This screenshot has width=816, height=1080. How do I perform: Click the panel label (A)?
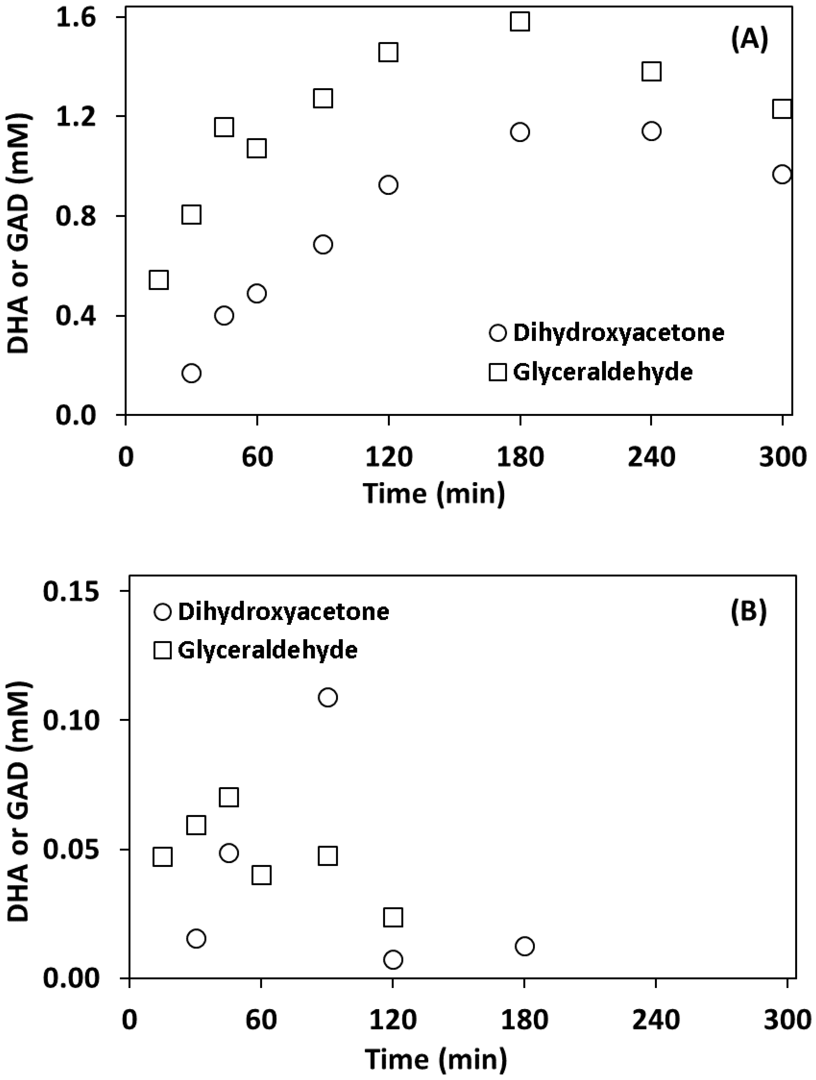(749, 40)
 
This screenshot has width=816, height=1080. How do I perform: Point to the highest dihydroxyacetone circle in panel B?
(327, 697)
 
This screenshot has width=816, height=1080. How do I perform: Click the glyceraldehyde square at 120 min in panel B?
(393, 917)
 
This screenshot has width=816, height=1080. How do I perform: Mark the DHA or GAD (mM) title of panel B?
(19, 801)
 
